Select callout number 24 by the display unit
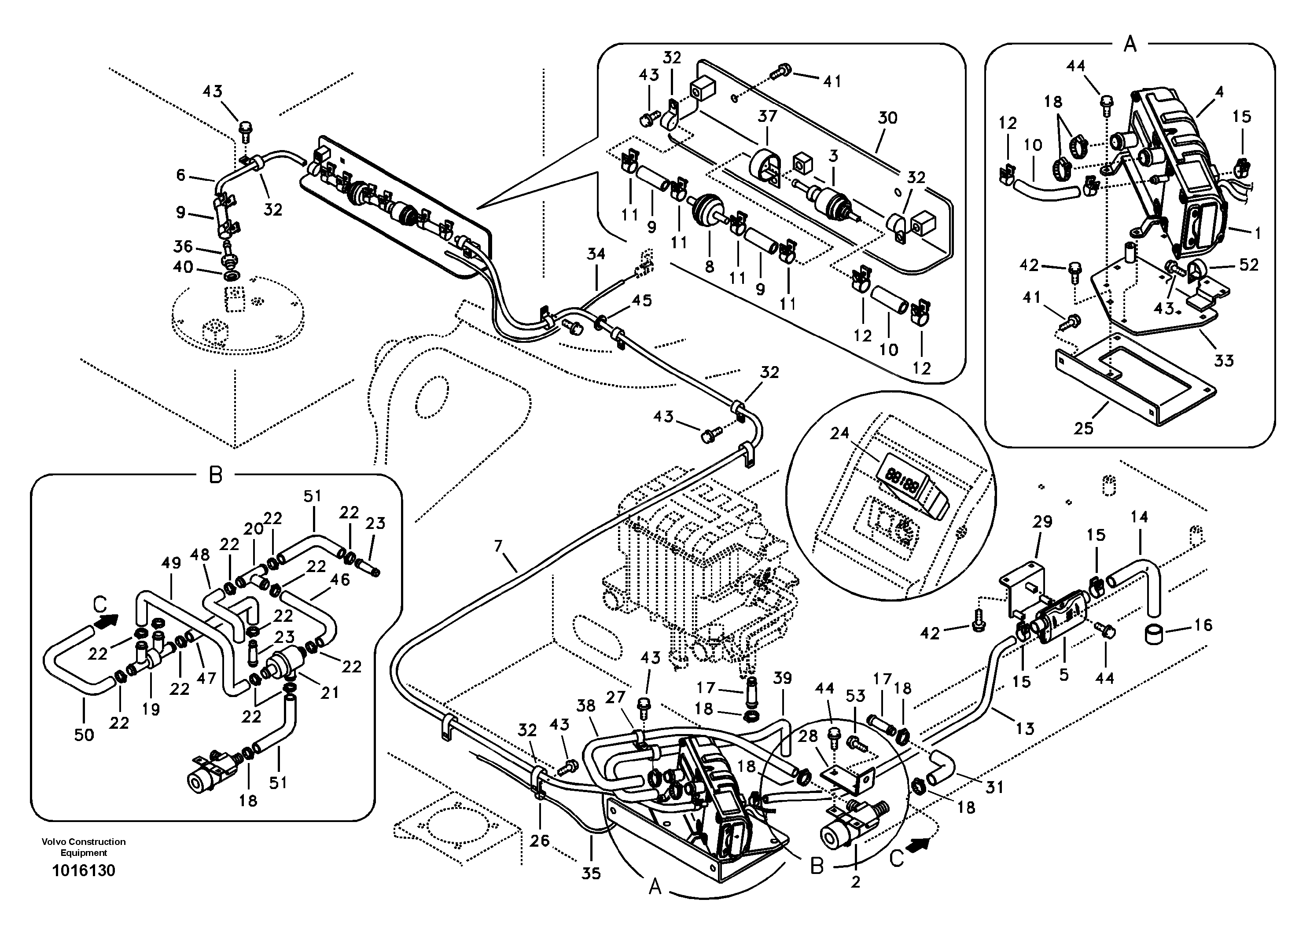pos(839,433)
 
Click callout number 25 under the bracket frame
pos(1083,428)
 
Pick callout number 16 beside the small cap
pos(1203,625)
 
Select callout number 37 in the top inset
pos(767,116)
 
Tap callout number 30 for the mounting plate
pos(887,117)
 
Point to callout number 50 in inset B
pos(84,734)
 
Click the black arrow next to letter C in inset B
pos(110,620)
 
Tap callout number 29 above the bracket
pos(1042,522)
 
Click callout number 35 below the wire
pos(591,873)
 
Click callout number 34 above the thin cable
pos(596,254)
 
